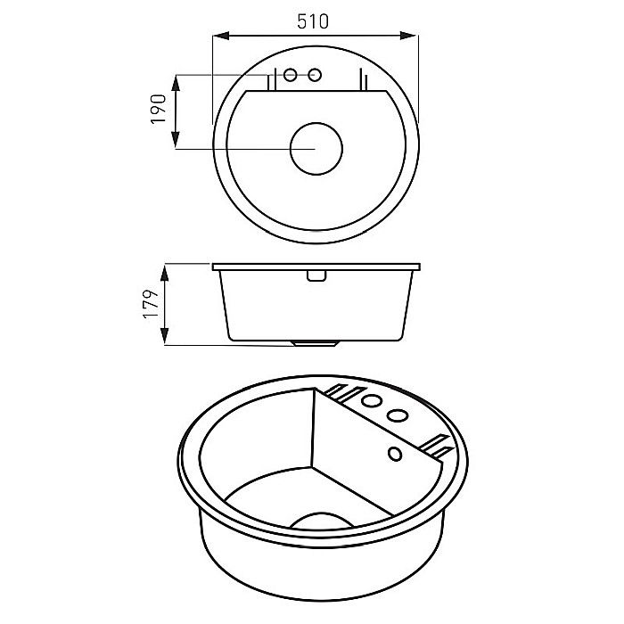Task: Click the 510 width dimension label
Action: [313, 21]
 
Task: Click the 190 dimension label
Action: [159, 109]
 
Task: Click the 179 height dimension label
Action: [151, 304]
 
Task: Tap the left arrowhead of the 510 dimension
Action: [221, 36]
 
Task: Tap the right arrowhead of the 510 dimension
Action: [408, 36]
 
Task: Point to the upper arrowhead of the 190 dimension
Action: [176, 83]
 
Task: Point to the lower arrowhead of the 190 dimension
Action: [176, 140]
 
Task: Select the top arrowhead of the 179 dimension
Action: [164, 274]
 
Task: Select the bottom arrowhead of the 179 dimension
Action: [164, 336]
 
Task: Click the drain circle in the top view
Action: [316, 149]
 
